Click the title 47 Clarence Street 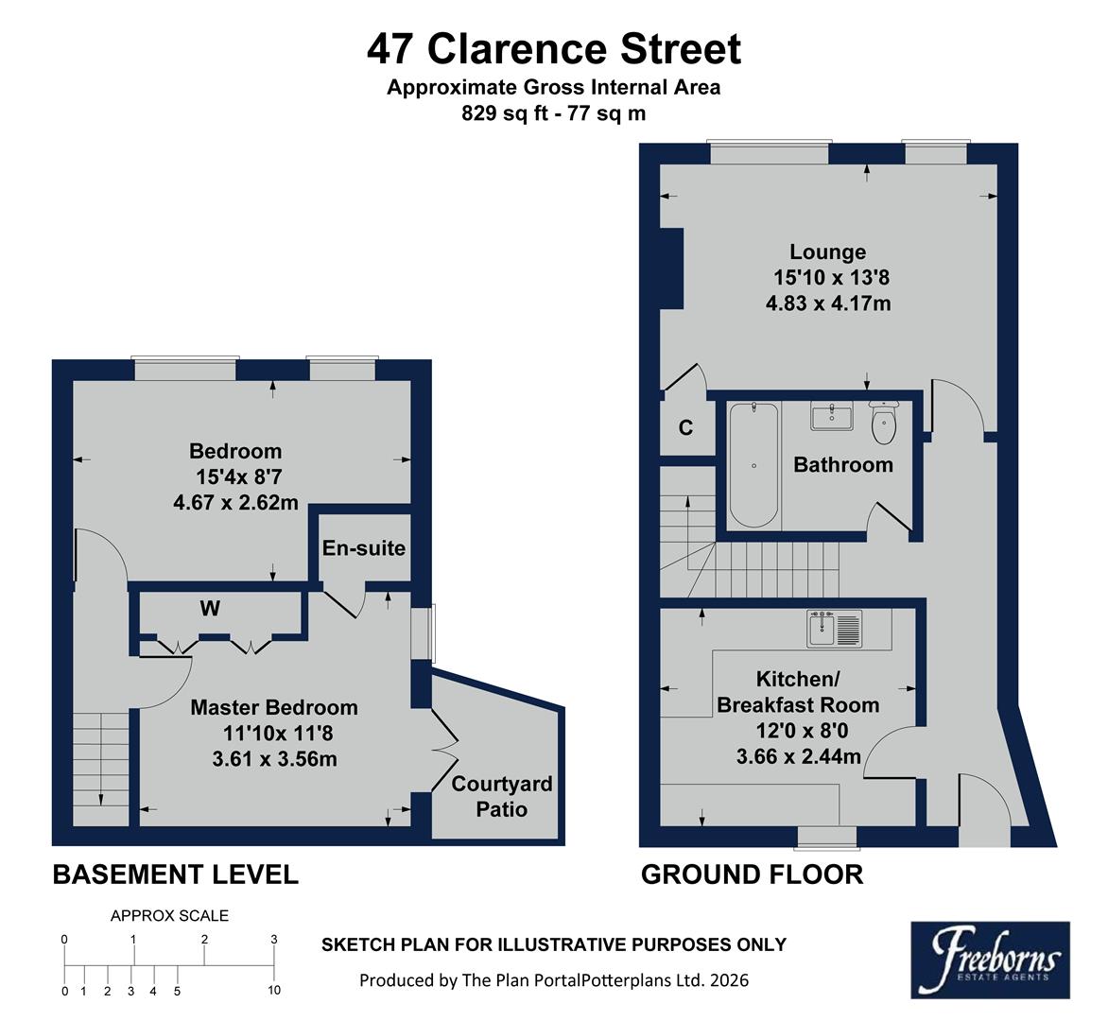(x=554, y=48)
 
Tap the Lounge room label (x=827, y=252)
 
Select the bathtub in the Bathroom (x=753, y=464)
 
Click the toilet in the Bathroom (x=884, y=424)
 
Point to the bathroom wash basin (x=832, y=415)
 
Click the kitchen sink (x=835, y=629)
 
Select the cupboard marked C (x=685, y=428)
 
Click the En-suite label (x=364, y=548)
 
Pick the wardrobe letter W (x=210, y=609)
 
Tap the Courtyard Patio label (x=501, y=796)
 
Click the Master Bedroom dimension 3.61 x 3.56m (x=274, y=758)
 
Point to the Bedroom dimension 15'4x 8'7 (x=235, y=477)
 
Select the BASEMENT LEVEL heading (x=175, y=874)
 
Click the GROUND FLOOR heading (x=752, y=874)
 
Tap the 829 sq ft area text (x=553, y=113)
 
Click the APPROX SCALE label (x=169, y=915)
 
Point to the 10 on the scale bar (x=274, y=991)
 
